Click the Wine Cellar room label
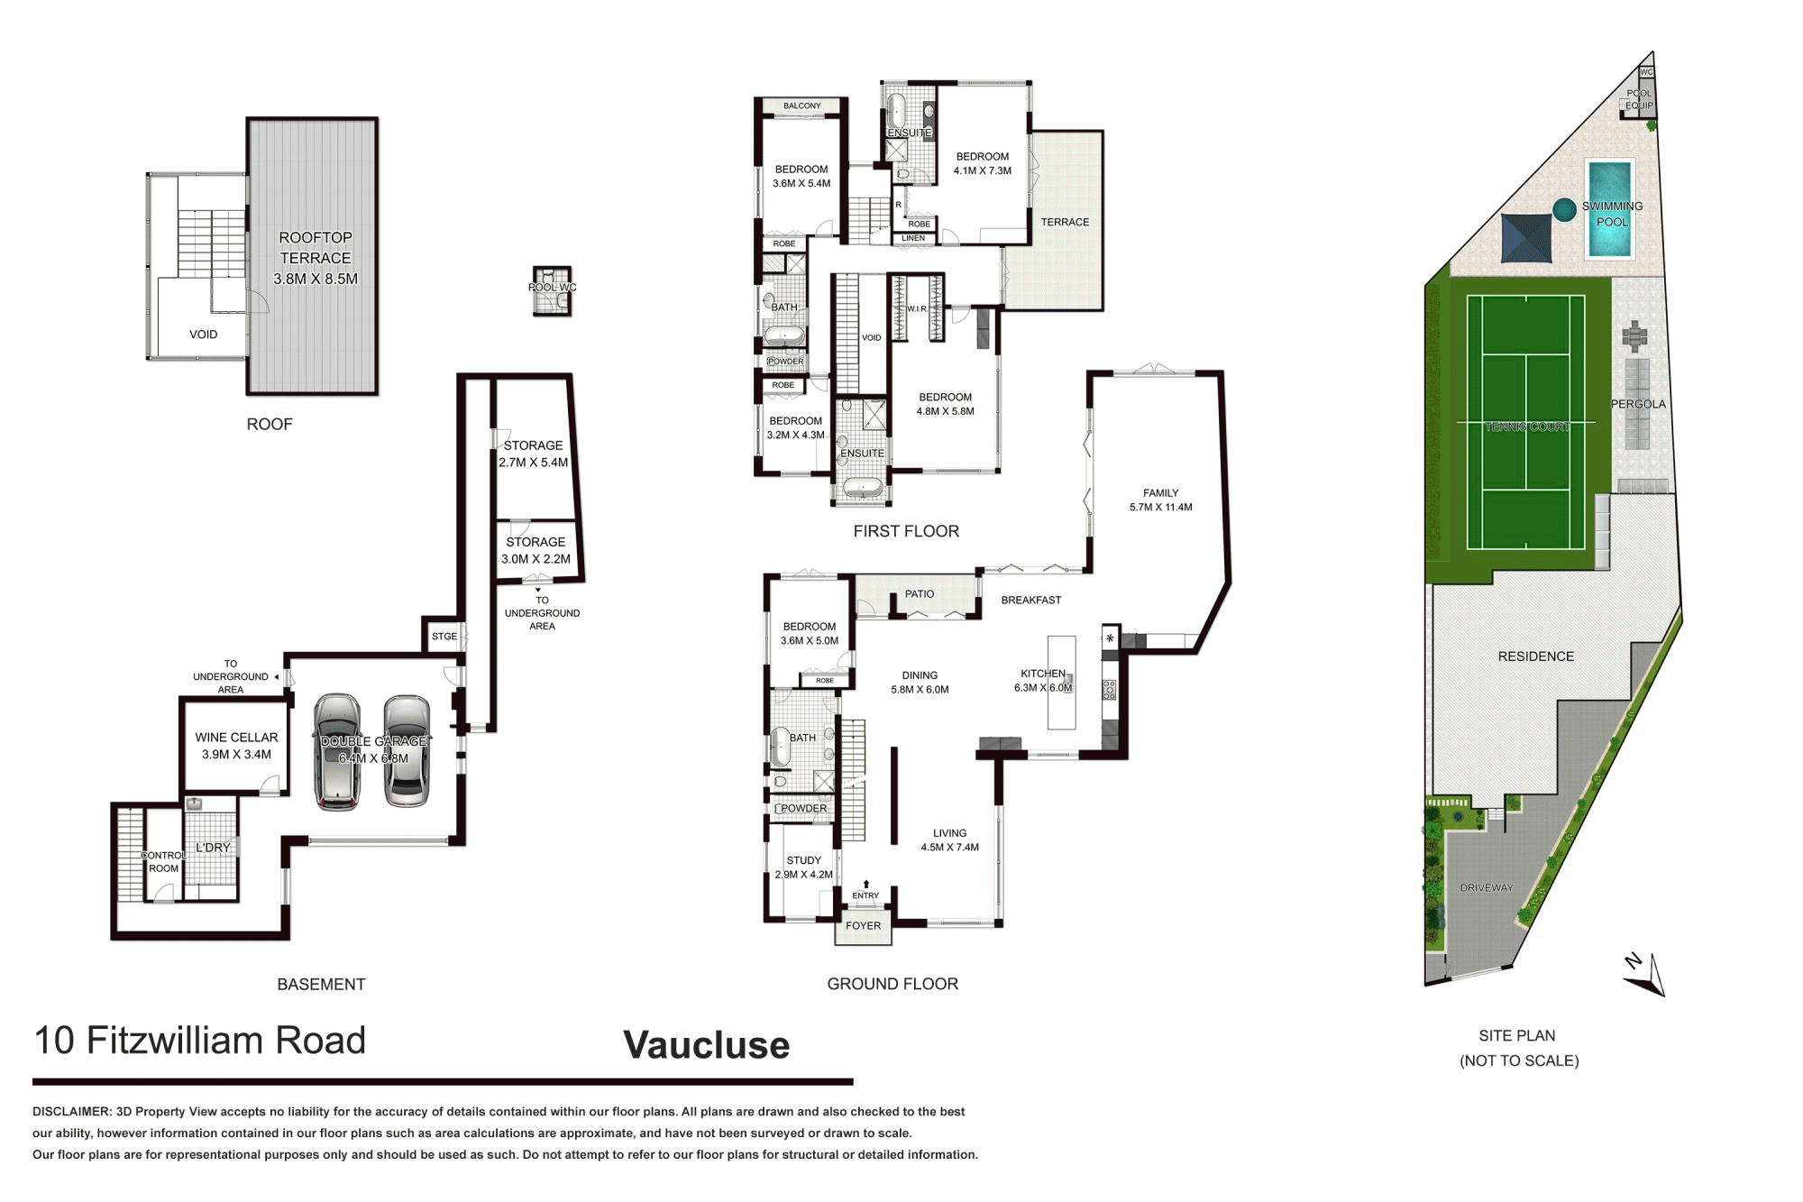[236, 738]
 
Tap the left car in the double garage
[337, 751]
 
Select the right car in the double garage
[407, 750]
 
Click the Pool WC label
[552, 288]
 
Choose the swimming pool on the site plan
[1610, 209]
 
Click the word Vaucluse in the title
[707, 1045]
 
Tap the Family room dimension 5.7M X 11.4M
[1161, 508]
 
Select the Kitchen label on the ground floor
[1043, 674]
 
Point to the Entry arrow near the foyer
[865, 885]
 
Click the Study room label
[804, 860]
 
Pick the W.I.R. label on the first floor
[917, 309]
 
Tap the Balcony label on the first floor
[802, 106]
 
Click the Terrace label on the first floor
[1065, 222]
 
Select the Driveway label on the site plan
[1487, 888]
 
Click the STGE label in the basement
[444, 637]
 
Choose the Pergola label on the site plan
[1638, 404]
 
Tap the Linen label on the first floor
[913, 239]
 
